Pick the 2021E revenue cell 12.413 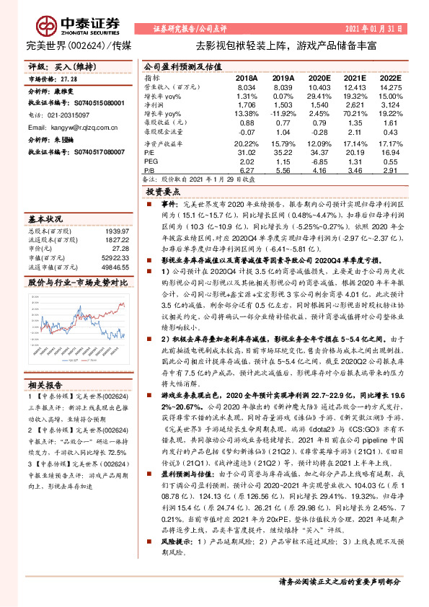tap(355, 86)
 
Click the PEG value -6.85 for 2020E tap(320, 162)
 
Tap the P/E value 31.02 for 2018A tap(247, 152)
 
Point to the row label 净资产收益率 tap(163, 143)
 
